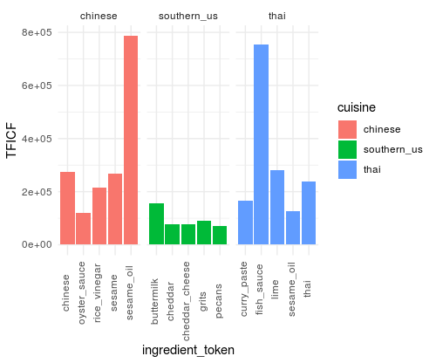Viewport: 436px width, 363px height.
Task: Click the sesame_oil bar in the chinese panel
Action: (x=131, y=140)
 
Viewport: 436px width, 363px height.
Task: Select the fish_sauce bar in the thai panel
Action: (x=261, y=144)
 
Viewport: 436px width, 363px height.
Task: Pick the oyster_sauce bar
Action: (x=83, y=228)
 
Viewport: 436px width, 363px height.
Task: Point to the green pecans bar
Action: (x=220, y=235)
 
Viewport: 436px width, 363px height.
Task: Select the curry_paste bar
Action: (x=245, y=223)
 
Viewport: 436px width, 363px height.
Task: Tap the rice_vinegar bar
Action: (x=99, y=216)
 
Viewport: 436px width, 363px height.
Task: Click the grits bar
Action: (x=204, y=232)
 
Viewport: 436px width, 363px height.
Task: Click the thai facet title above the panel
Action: (x=276, y=16)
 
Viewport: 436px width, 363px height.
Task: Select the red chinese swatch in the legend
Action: (x=350, y=129)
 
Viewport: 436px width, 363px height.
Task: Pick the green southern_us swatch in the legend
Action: (x=350, y=149)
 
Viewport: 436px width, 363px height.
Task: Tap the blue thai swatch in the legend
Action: (x=350, y=169)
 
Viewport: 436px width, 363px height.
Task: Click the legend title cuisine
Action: (x=358, y=107)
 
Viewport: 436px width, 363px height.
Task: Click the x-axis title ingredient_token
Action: (x=187, y=349)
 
